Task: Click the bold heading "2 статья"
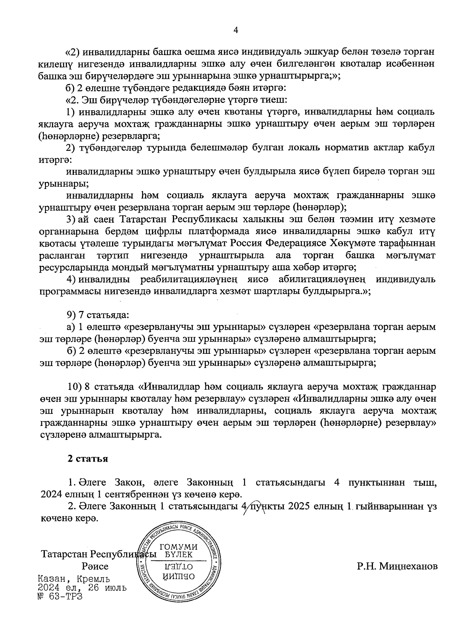[x=88, y=459]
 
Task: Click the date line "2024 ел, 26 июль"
[x=83, y=588]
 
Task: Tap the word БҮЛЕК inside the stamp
[x=179, y=555]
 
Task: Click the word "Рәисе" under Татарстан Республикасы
[x=95, y=566]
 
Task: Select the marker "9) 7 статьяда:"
[x=98, y=315]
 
